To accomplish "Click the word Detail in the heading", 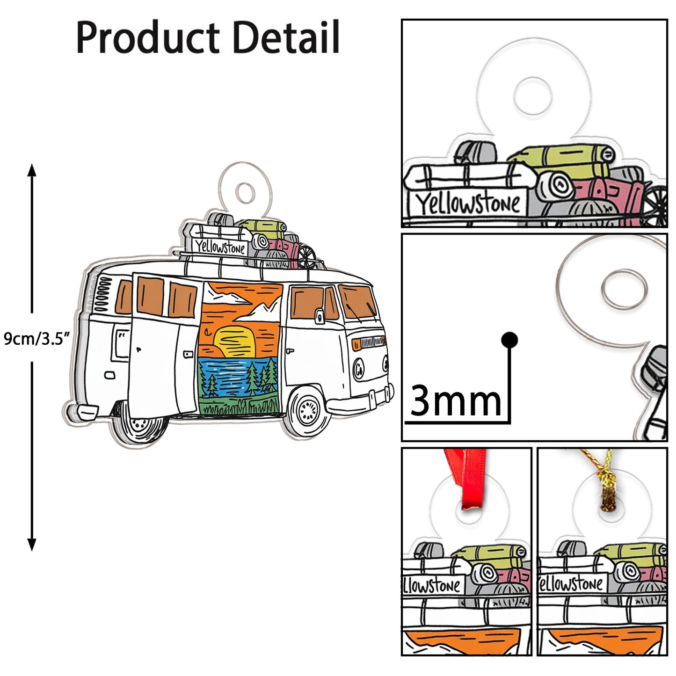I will click(286, 37).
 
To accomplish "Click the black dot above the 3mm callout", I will click(509, 340).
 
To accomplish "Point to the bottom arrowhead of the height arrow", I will click(32, 545).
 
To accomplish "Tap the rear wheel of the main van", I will click(141, 424).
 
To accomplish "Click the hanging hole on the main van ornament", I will click(244, 192).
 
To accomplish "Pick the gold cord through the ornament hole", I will click(605, 487).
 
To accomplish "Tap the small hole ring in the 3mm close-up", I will click(624, 288).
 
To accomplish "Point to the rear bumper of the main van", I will click(84, 412).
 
